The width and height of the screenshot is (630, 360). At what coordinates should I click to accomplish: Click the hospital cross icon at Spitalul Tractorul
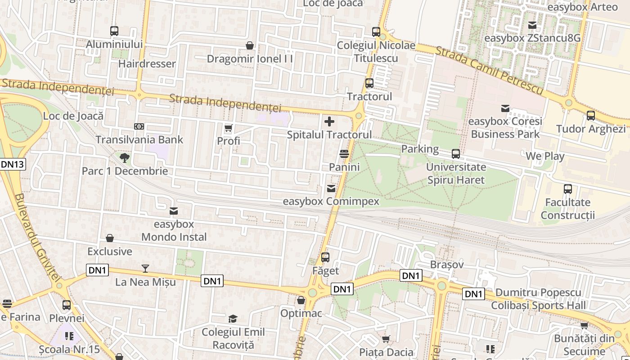click(329, 121)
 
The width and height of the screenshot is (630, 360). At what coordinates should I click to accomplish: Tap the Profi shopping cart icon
click(228, 128)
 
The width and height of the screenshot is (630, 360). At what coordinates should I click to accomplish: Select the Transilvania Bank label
click(139, 139)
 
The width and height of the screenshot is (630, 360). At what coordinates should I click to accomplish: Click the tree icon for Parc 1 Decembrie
click(124, 157)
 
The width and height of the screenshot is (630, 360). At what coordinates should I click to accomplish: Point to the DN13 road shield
click(12, 164)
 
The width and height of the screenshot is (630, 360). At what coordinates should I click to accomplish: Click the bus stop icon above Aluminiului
click(114, 31)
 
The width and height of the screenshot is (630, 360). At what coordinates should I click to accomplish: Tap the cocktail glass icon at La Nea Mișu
click(145, 269)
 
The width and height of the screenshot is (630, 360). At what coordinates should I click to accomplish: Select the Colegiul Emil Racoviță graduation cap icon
click(233, 319)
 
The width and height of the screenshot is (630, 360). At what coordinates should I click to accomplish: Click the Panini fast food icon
click(344, 154)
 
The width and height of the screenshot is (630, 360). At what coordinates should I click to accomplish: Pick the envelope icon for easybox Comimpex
click(331, 188)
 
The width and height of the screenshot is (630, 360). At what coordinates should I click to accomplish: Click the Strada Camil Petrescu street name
click(490, 70)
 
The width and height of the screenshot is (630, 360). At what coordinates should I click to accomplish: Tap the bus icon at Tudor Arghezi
click(591, 116)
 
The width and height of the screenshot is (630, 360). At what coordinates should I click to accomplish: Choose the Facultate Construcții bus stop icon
click(568, 189)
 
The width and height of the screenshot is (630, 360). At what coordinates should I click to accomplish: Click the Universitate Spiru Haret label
click(456, 174)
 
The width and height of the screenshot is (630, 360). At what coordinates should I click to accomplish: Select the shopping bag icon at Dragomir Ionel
click(250, 45)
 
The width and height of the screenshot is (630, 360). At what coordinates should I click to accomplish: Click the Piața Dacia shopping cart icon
click(386, 339)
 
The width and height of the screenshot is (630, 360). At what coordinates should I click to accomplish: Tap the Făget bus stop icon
click(325, 258)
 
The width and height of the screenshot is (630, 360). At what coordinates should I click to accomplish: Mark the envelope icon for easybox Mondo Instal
click(174, 211)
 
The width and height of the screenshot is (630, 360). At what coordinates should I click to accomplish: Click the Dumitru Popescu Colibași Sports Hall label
click(538, 299)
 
